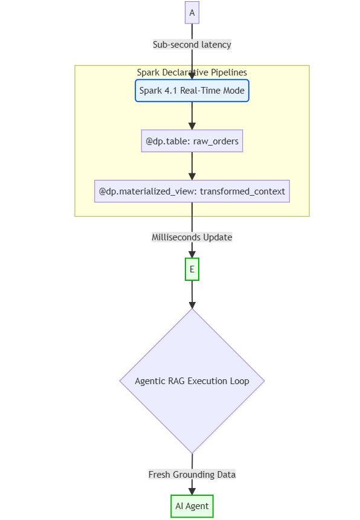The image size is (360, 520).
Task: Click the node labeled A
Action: click(191, 13)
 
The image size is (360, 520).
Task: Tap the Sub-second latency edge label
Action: click(191, 45)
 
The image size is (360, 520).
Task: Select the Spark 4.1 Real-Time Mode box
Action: click(191, 91)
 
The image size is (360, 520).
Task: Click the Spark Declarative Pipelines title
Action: click(191, 72)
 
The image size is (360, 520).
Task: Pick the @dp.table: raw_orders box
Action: click(191, 141)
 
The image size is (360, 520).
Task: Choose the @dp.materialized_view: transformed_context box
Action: click(191, 191)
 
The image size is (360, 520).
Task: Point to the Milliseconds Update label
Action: click(191, 237)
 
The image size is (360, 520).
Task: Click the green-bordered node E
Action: click(191, 269)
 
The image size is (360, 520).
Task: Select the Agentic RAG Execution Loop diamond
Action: click(191, 381)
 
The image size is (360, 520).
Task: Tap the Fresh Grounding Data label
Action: click(191, 475)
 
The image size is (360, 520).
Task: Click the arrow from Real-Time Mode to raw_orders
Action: click(191, 115)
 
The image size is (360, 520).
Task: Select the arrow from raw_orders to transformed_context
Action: click(191, 165)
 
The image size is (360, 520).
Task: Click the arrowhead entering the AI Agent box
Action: click(191, 491)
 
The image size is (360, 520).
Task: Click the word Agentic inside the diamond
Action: click(151, 381)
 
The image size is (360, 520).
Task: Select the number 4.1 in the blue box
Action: click(171, 91)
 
